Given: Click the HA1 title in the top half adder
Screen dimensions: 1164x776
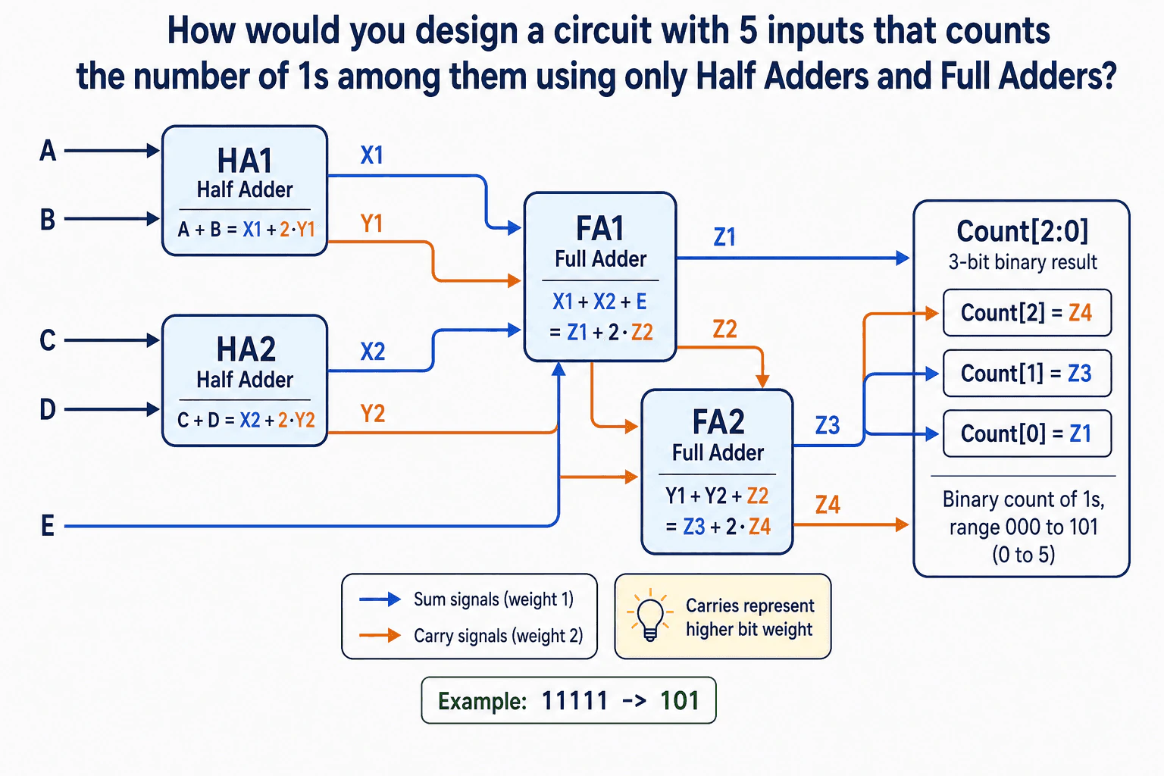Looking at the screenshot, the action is click(x=245, y=161).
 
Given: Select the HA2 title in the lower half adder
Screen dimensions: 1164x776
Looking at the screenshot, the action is click(x=246, y=349).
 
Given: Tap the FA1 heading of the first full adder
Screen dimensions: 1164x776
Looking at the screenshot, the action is click(x=599, y=229).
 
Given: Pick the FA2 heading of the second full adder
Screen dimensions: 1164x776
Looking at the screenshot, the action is click(x=718, y=421).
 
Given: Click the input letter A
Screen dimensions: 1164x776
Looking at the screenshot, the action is click(x=48, y=151).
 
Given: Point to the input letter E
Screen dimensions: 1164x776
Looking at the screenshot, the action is click(x=47, y=525).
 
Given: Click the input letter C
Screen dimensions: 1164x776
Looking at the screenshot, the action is click(x=48, y=340).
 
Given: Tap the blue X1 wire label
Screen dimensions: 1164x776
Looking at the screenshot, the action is click(x=372, y=155).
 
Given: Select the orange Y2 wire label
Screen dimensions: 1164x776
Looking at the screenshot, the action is click(x=373, y=414).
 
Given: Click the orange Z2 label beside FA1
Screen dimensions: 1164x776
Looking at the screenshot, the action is click(x=725, y=329).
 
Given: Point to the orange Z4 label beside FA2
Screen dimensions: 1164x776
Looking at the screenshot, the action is click(x=828, y=505).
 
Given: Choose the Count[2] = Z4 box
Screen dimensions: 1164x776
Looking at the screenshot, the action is click(x=1027, y=313).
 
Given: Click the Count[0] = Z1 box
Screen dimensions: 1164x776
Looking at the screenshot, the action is click(x=1027, y=433).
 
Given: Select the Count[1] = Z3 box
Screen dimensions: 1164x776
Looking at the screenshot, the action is click(x=1027, y=373).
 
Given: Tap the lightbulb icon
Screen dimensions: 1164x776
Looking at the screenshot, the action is click(x=649, y=615).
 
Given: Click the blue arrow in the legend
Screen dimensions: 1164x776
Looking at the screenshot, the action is click(x=380, y=599).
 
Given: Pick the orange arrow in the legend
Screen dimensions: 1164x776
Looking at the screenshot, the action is click(x=380, y=635).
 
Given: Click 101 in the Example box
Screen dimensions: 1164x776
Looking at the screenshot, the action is click(x=680, y=701).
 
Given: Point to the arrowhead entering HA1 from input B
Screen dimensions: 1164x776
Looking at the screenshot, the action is click(x=153, y=218).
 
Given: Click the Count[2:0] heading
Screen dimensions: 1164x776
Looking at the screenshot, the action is click(x=1022, y=231).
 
